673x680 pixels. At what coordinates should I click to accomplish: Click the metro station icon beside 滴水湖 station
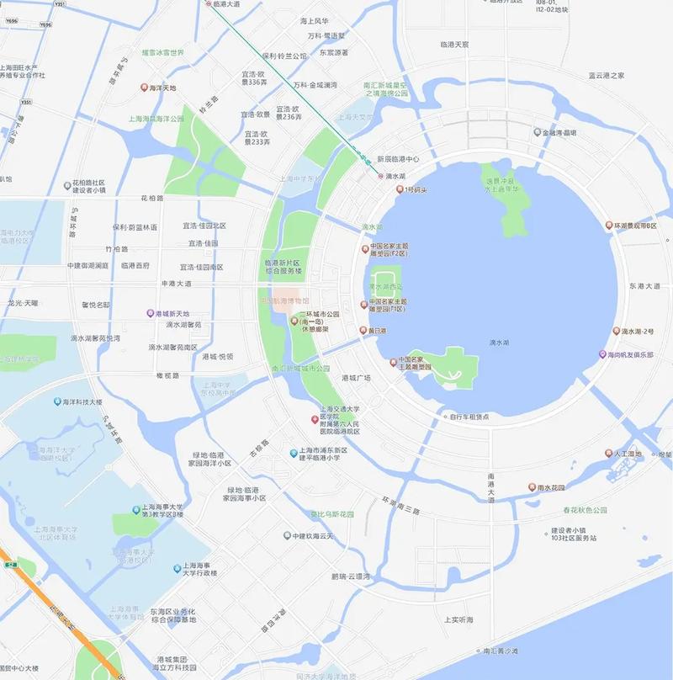380,176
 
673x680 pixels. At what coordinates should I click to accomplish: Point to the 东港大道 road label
645,286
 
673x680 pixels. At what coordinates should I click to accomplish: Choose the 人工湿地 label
628,454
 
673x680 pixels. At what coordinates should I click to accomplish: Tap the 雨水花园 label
550,486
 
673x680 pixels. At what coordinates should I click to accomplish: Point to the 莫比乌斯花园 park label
332,513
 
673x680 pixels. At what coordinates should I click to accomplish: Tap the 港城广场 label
357,378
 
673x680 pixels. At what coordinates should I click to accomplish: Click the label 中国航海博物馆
284,300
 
